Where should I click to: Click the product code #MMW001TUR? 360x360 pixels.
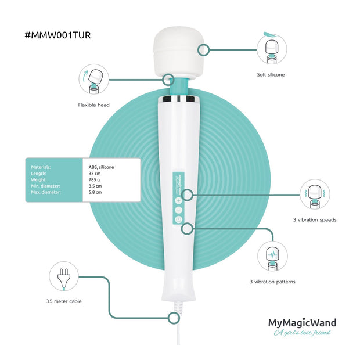pos(57,35)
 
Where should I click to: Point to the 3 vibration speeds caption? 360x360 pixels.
pos(315,220)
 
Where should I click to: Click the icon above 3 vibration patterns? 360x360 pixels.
pos(272,256)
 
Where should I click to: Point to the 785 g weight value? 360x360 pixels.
pos(95,179)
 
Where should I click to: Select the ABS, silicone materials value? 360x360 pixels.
pos(100,167)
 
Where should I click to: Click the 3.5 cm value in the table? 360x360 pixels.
pos(95,186)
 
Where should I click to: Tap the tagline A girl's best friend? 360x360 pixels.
pos(303,333)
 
